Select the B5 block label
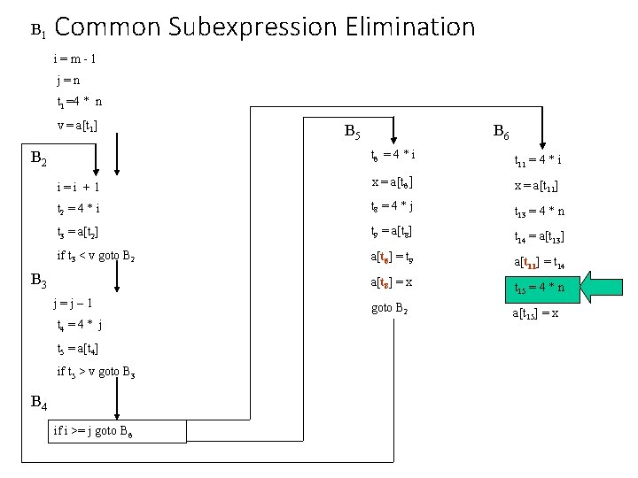pyautogui.click(x=351, y=134)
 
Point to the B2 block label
pyautogui.click(x=39, y=159)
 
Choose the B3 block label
pyautogui.click(x=39, y=281)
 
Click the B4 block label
pyautogui.click(x=39, y=402)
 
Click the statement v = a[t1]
pyautogui.click(x=77, y=125)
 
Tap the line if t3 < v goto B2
pyautogui.click(x=97, y=257)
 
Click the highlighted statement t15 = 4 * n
pyautogui.click(x=540, y=287)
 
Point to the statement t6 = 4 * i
pyautogui.click(x=393, y=156)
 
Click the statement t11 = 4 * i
pyautogui.click(x=538, y=161)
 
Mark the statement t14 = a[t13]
pyautogui.click(x=541, y=236)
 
